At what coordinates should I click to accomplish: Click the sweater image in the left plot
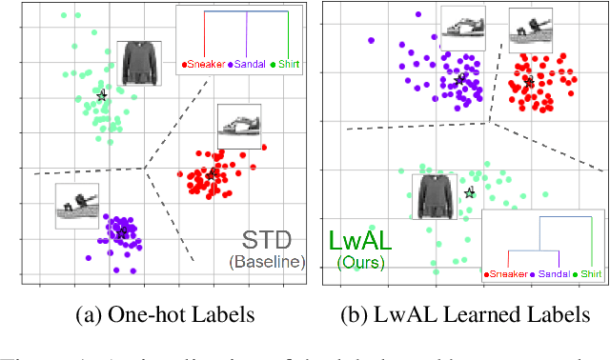click(138, 63)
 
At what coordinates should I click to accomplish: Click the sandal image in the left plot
click(77, 205)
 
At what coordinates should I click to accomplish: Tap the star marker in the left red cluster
click(211, 174)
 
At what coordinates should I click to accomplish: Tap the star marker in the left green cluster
click(102, 95)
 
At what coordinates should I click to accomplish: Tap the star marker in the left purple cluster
click(122, 229)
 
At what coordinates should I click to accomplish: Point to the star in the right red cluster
click(529, 84)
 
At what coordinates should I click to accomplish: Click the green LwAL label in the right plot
click(358, 241)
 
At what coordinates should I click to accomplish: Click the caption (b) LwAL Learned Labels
click(464, 315)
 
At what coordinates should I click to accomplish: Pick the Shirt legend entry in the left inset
click(283, 64)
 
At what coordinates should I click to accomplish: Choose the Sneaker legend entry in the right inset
click(508, 274)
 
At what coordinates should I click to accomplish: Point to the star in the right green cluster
click(469, 193)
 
